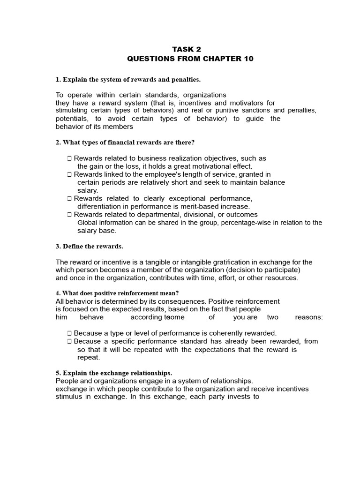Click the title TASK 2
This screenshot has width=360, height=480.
[x=180, y=49]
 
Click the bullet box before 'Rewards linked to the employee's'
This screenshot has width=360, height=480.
[x=69, y=175]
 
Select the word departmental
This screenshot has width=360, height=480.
[x=157, y=215]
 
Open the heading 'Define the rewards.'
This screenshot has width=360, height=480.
[x=90, y=246]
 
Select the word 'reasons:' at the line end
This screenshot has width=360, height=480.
[x=308, y=317]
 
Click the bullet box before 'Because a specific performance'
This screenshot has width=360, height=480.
[x=69, y=341]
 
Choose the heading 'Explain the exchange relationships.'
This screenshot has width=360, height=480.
[x=114, y=373]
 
